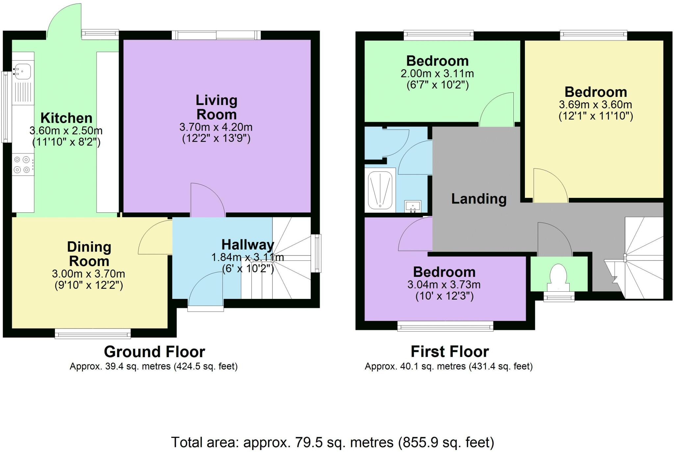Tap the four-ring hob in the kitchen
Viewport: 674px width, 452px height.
pos(22,165)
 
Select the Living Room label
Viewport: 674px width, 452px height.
pos(216,107)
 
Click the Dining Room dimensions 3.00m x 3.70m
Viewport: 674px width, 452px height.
pos(89,274)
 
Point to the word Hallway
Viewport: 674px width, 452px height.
pos(247,245)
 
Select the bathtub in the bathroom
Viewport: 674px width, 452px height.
pos(380,190)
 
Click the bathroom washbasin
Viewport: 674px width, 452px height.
pos(413,206)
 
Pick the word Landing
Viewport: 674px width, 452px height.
pos(479,199)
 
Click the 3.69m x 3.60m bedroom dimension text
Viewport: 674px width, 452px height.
pos(595,105)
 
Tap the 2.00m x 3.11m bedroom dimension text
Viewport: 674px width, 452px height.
pos(437,73)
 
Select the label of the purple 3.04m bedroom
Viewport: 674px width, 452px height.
pos(444,272)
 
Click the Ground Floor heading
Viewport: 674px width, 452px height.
pos(154,352)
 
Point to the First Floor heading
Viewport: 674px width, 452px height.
pos(450,352)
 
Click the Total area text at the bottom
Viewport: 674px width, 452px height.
pos(332,442)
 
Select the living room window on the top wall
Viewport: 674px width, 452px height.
pos(216,35)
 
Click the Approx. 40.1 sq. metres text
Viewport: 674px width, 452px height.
pos(449,366)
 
